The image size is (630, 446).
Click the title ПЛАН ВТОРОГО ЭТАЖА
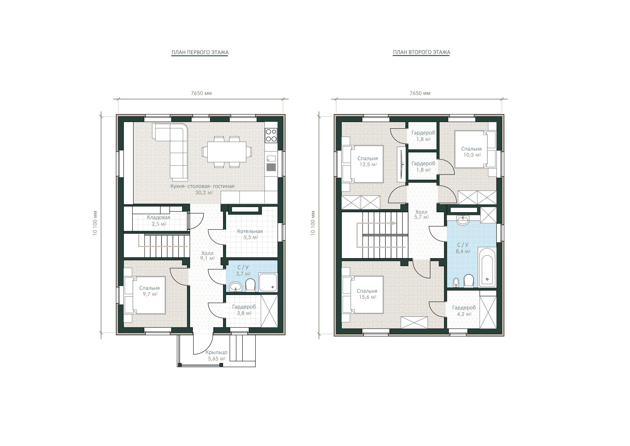pos(421,52)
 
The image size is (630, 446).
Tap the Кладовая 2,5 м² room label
pos(159,220)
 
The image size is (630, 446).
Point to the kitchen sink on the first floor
pos(271,158)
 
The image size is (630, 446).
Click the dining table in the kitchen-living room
pos(227,152)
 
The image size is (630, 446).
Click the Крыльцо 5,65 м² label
pos(216,355)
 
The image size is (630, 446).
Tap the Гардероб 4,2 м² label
pos(464,311)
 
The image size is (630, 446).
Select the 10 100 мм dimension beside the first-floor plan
pos(95,223)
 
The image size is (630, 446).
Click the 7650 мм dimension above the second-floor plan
pos(420,93)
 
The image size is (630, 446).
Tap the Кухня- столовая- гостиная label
pos(203,186)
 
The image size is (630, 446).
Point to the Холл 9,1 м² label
pos(207,256)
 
